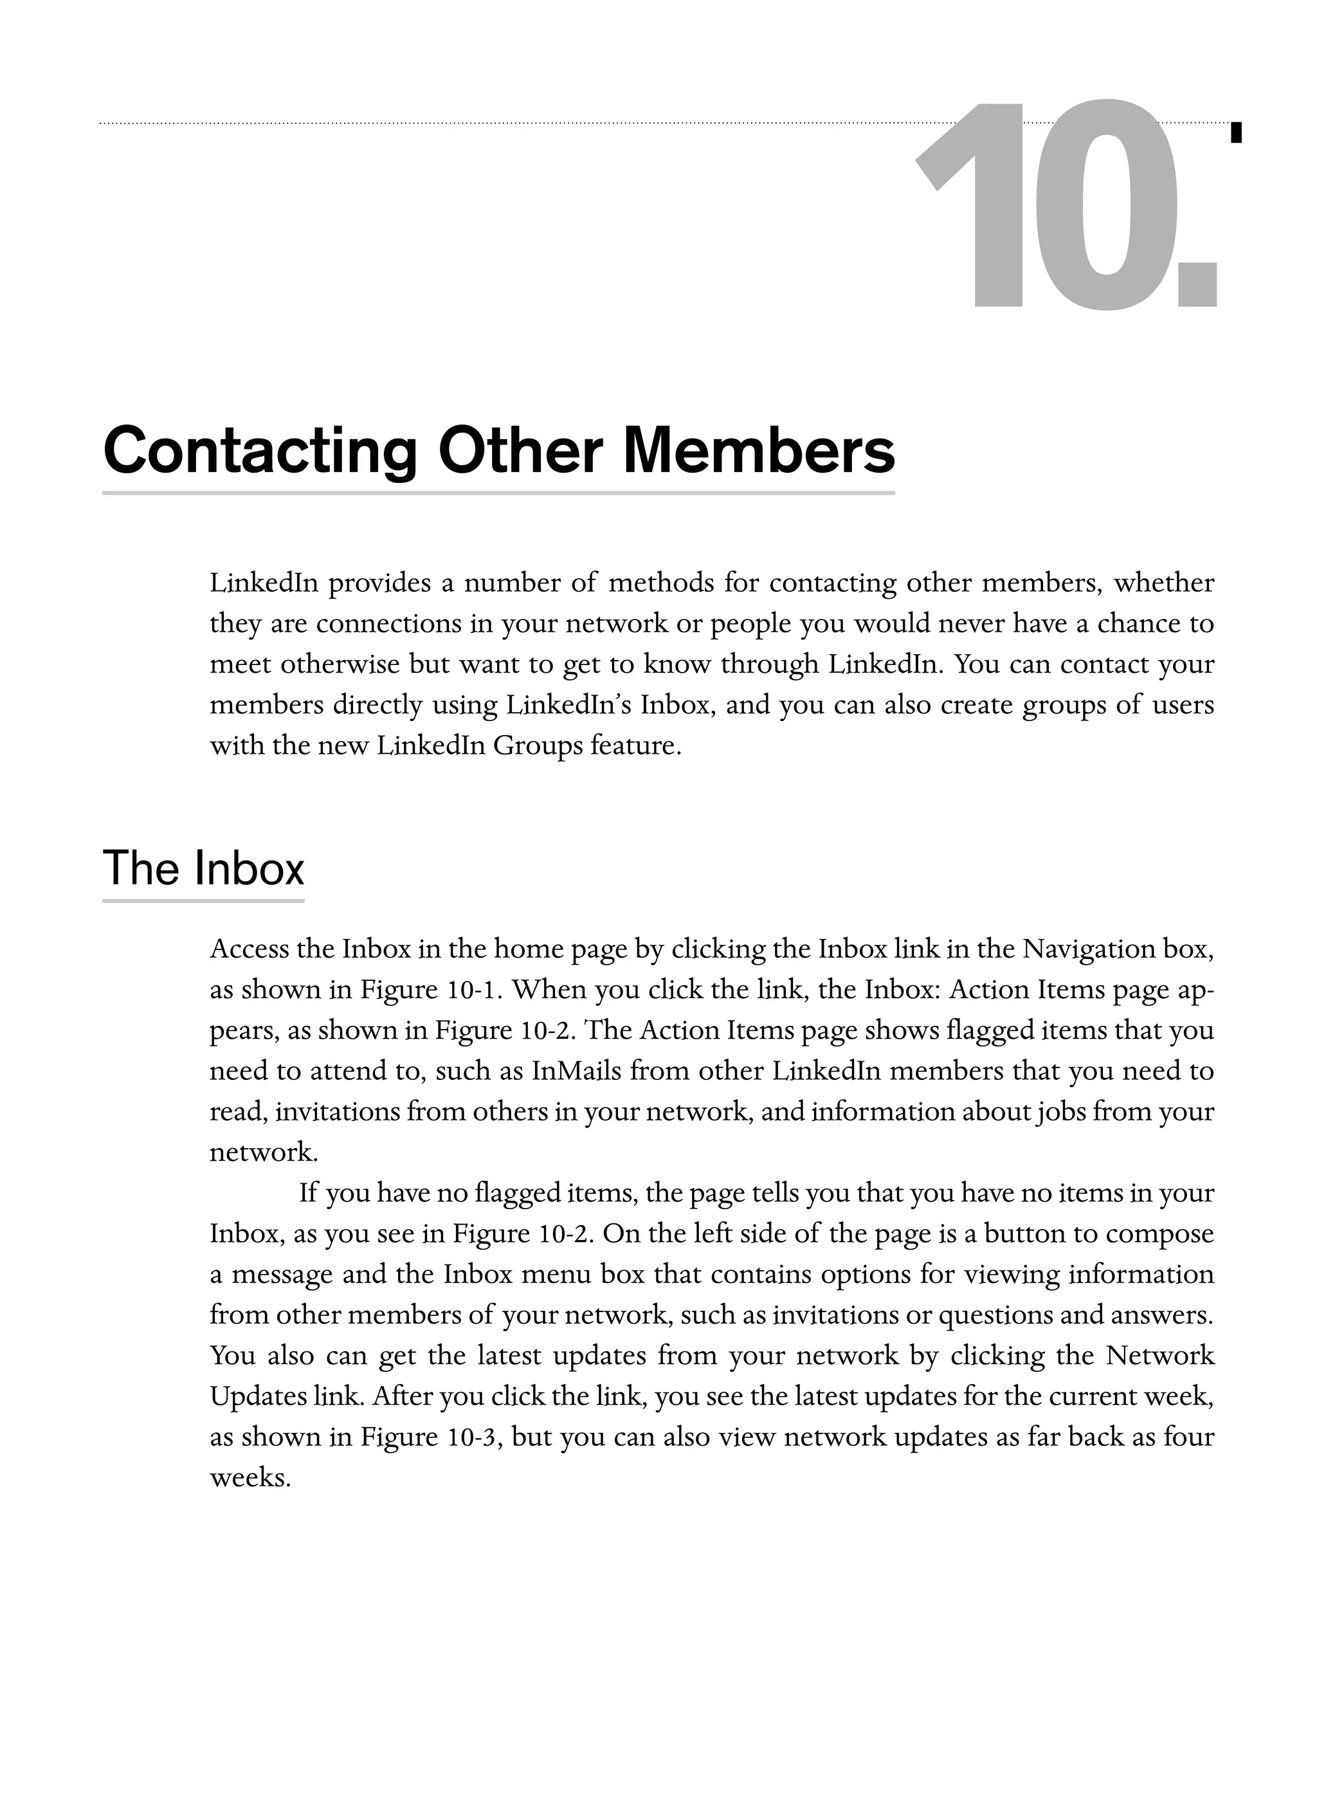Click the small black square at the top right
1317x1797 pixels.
click(x=1236, y=132)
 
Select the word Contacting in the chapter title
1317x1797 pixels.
click(x=260, y=452)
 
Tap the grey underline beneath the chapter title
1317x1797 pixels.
click(x=498, y=493)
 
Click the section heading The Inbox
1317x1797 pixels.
click(x=203, y=868)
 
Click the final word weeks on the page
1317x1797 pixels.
click(x=250, y=1478)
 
